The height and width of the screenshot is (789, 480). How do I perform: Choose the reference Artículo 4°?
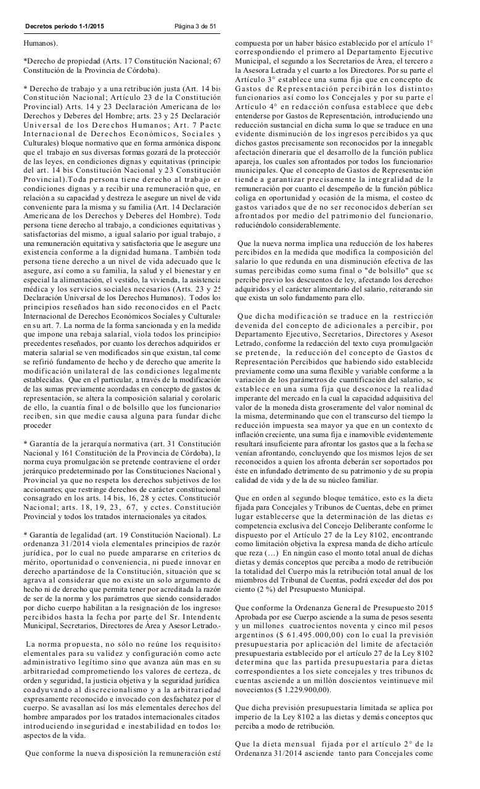(x=257, y=107)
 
